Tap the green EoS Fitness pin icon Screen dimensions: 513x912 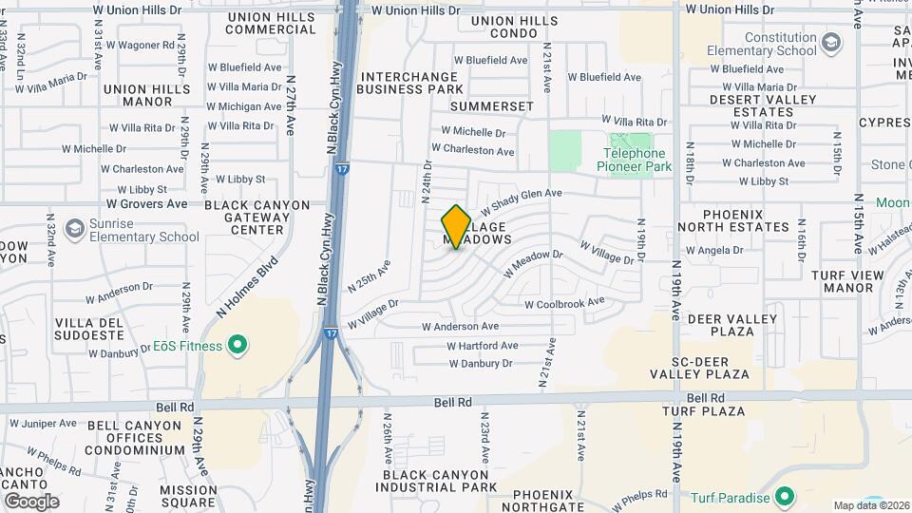237,346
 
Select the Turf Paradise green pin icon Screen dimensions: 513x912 785,496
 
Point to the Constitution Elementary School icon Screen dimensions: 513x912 832,43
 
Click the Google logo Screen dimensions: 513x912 31,502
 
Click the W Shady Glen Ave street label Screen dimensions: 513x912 521,200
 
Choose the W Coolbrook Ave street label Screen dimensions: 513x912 564,303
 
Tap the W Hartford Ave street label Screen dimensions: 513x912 484,346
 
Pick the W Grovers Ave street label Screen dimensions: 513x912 147,203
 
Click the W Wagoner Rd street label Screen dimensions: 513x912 140,45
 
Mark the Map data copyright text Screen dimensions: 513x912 870,505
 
